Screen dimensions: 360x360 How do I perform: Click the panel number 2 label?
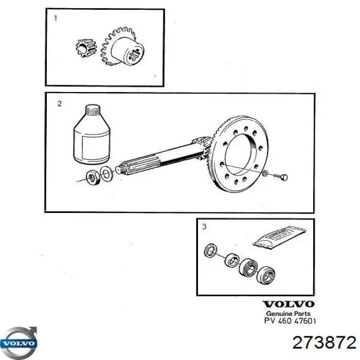[x=60, y=103]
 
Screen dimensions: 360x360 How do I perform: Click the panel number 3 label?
[x=204, y=227]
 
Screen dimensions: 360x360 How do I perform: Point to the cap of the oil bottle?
[x=93, y=110]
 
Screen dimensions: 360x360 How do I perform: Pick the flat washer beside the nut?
[x=106, y=174]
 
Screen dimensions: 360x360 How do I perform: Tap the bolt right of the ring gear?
[x=280, y=176]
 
